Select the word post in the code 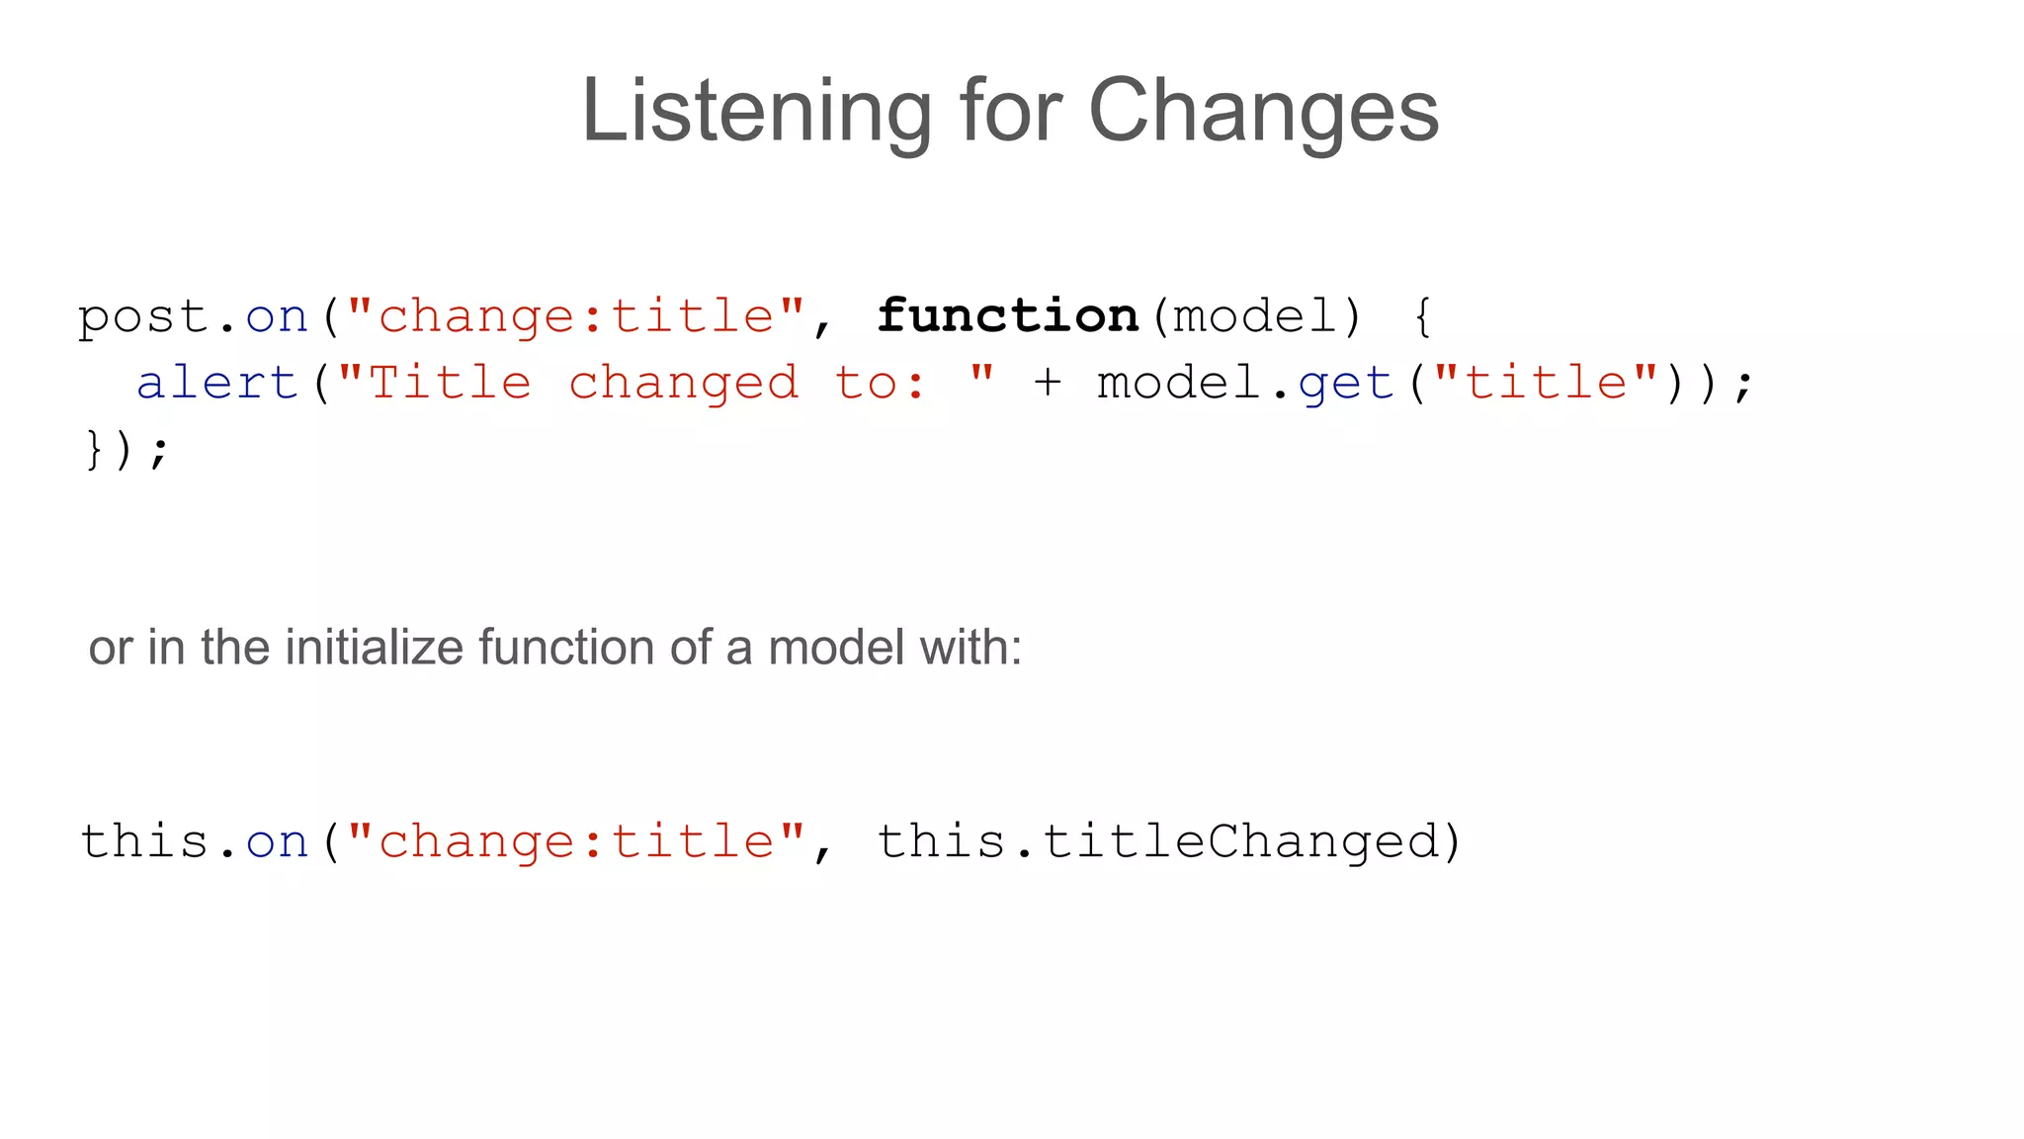143,317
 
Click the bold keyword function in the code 1008,316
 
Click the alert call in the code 217,384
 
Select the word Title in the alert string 450,384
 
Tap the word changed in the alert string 684,384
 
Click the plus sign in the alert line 1048,383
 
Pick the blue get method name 1346,384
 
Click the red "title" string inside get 1546,384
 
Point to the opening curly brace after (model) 1422,317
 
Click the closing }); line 126,450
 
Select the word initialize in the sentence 375,649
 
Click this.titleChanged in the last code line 1167,842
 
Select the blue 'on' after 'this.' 277,842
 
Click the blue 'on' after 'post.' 277,317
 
